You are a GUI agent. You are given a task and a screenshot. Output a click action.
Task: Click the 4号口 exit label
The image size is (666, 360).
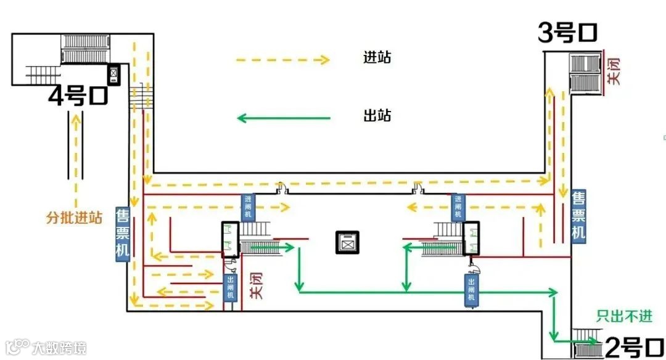tap(78, 96)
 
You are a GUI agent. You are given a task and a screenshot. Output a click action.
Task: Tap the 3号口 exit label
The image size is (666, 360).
tap(568, 33)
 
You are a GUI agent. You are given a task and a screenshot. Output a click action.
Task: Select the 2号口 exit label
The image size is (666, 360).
tap(632, 347)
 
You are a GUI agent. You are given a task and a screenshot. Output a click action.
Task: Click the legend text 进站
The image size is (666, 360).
tap(377, 58)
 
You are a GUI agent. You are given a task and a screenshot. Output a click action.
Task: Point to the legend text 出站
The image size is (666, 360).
tap(377, 115)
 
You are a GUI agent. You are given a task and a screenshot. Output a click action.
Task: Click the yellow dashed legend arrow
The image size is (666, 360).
tap(282, 60)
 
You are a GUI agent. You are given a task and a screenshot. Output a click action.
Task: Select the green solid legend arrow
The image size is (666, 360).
tap(284, 118)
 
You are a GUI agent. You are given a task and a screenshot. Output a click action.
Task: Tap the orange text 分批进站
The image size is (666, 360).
tap(75, 218)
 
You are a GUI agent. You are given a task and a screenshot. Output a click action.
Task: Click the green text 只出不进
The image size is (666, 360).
tap(623, 316)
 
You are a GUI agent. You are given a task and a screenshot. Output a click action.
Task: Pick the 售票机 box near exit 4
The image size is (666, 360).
tap(122, 234)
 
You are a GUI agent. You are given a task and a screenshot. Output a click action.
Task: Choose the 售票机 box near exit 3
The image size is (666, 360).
tap(578, 215)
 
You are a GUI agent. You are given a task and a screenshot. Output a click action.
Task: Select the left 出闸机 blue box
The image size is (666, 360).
tap(230, 287)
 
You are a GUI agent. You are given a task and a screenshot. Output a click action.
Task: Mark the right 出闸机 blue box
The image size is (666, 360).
tap(471, 289)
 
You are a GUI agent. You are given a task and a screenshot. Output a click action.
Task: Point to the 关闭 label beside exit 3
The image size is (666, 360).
tap(613, 71)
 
